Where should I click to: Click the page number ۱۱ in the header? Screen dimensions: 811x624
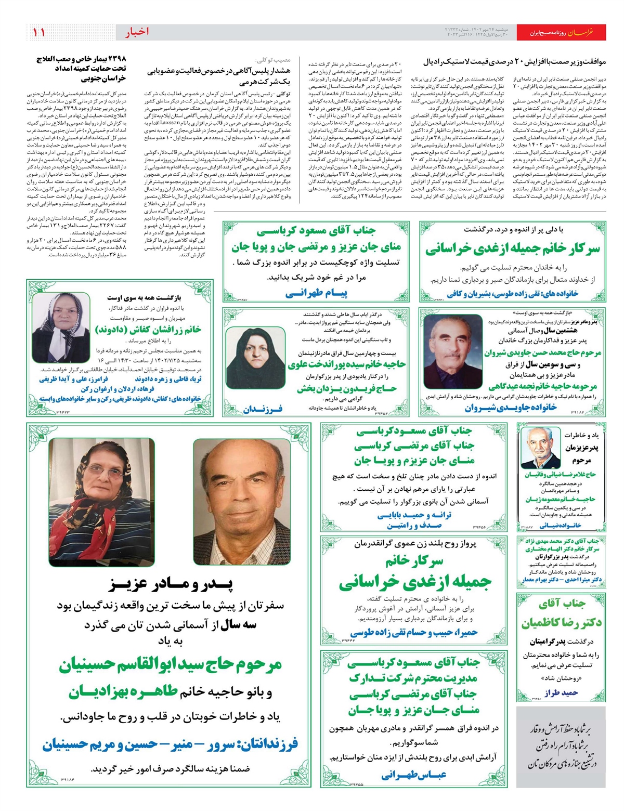pos(40,32)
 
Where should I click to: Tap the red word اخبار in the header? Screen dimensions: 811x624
pos(137,32)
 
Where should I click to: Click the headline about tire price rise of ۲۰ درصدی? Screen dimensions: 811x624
pos(514,61)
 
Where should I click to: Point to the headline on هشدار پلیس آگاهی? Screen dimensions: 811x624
pos(219,76)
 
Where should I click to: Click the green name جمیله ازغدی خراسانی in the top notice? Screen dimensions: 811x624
pos(512,249)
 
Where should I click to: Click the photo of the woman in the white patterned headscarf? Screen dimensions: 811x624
pos(61,327)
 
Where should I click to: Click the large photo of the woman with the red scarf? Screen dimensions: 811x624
pos(102,502)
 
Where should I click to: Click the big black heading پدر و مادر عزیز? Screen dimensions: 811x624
pos(172,584)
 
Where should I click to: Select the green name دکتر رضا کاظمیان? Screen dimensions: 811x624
pos(562,622)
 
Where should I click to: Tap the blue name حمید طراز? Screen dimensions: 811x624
pos(562,693)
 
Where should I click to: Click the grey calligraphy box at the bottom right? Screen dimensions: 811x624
pos(561,747)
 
